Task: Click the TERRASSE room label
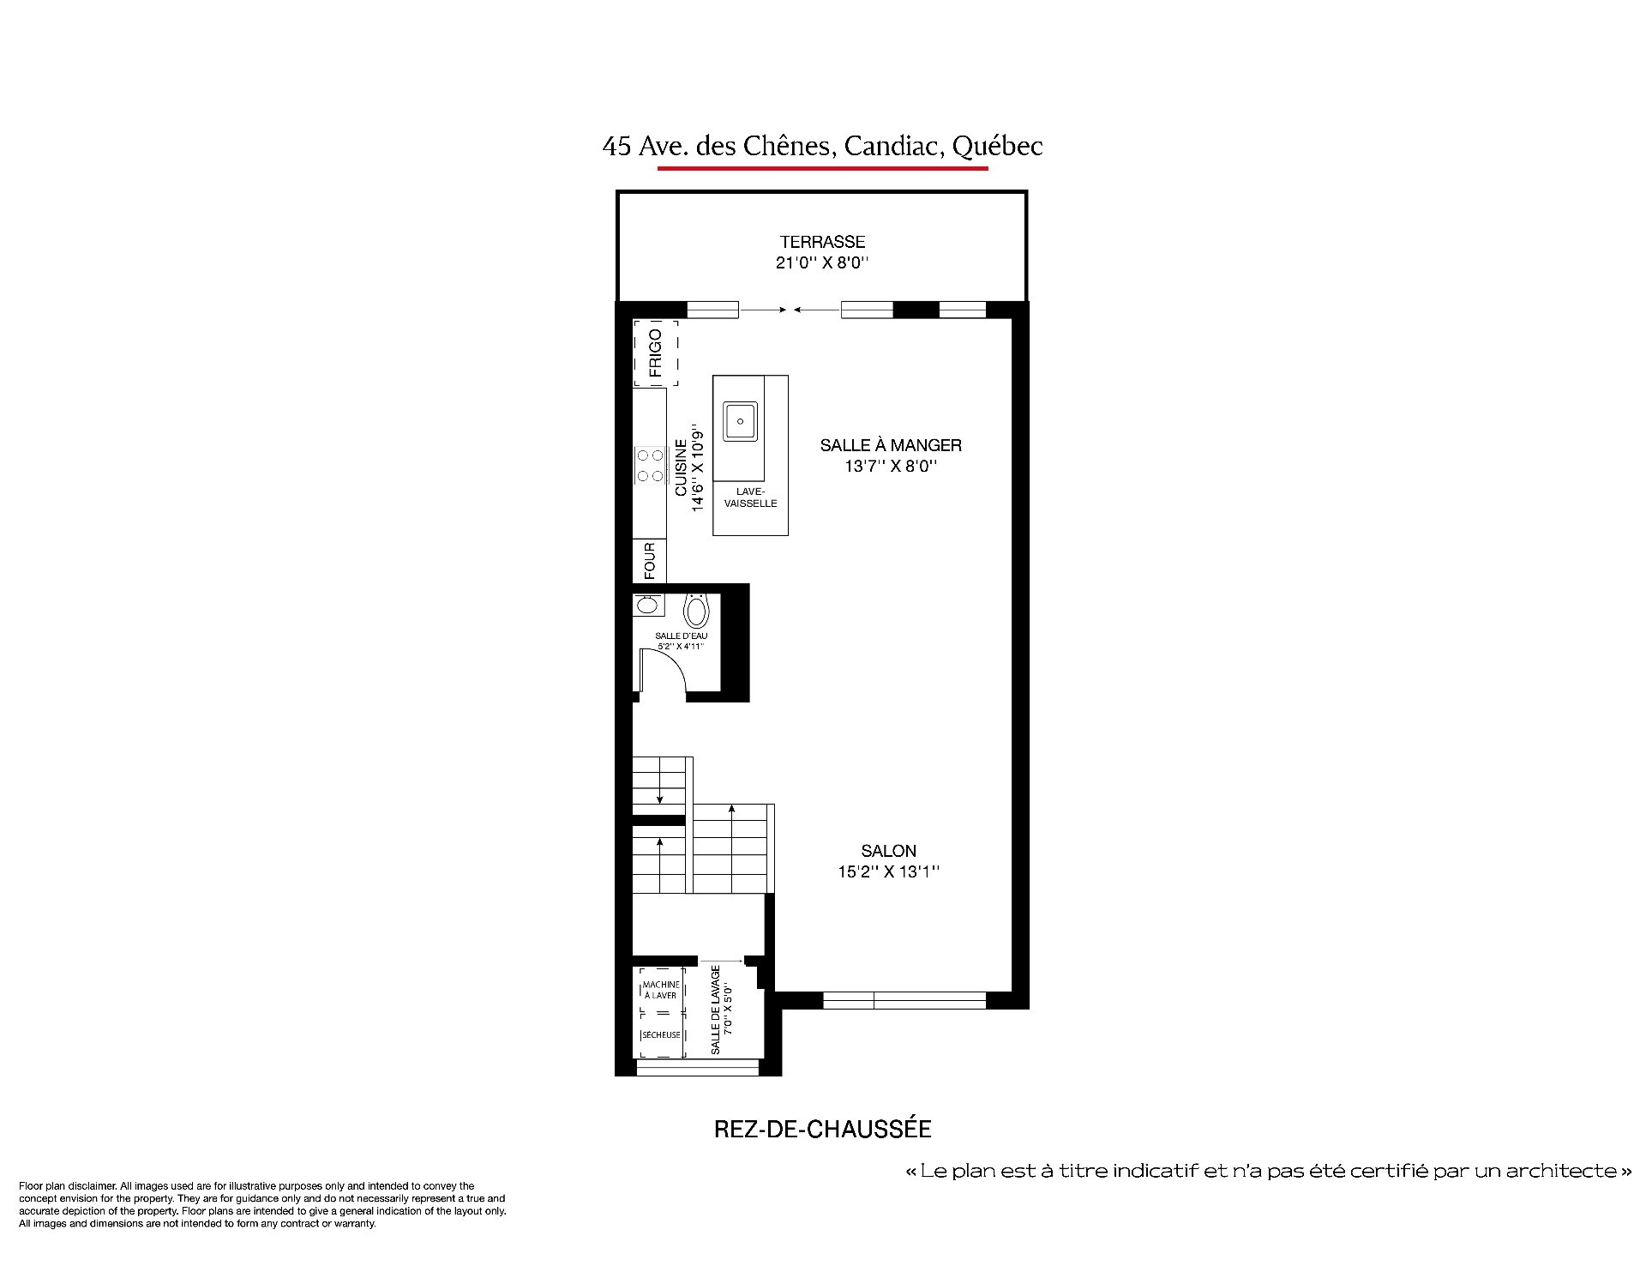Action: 822,242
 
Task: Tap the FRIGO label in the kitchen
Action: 656,353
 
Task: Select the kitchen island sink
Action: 740,421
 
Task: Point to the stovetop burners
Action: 649,465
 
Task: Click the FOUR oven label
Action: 650,561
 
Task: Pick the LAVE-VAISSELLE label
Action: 750,497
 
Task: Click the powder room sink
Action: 647,605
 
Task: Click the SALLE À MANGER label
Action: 891,445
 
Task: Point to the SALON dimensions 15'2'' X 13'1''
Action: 889,872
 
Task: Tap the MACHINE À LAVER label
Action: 661,990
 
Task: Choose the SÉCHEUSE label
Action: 661,1034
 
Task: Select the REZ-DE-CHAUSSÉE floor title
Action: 823,1129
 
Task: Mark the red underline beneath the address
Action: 823,168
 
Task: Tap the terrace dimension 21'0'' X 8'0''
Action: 822,262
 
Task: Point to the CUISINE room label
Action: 681,467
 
